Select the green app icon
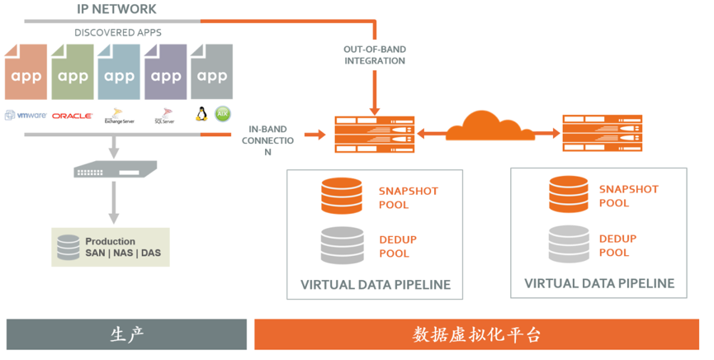[73, 73]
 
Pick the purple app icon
[166, 73]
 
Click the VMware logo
[26, 116]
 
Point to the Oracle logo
[72, 116]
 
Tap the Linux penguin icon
[201, 114]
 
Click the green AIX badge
[222, 114]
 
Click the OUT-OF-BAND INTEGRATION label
[375, 54]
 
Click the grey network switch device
[115, 171]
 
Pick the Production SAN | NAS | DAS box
[110, 247]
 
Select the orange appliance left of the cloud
[375, 135]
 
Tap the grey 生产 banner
[126, 334]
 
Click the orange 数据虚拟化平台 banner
[477, 334]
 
